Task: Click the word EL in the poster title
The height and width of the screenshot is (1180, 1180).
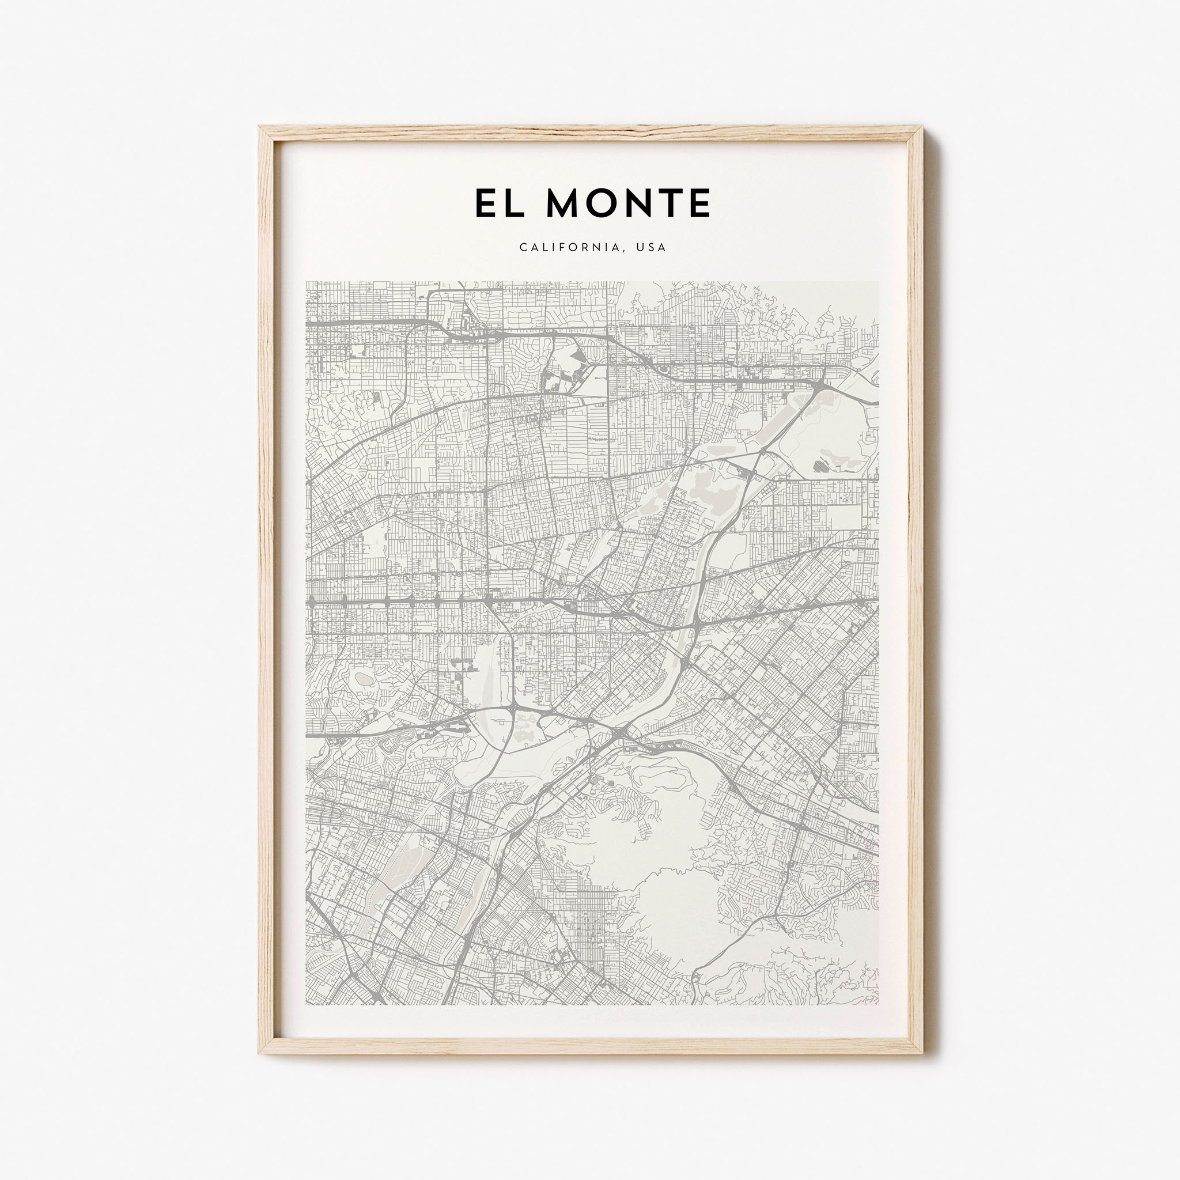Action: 499,203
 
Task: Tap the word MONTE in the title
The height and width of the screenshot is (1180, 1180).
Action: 629,203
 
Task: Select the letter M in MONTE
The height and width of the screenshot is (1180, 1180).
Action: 563,203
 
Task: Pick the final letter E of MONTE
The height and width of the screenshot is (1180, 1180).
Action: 699,203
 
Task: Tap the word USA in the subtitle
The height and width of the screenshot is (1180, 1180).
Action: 651,247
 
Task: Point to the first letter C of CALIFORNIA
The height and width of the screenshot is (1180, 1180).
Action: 523,247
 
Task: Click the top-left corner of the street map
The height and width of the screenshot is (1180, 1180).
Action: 307,282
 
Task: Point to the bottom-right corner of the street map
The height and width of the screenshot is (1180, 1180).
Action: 878,1004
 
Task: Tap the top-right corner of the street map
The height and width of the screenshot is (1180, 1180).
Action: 878,282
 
